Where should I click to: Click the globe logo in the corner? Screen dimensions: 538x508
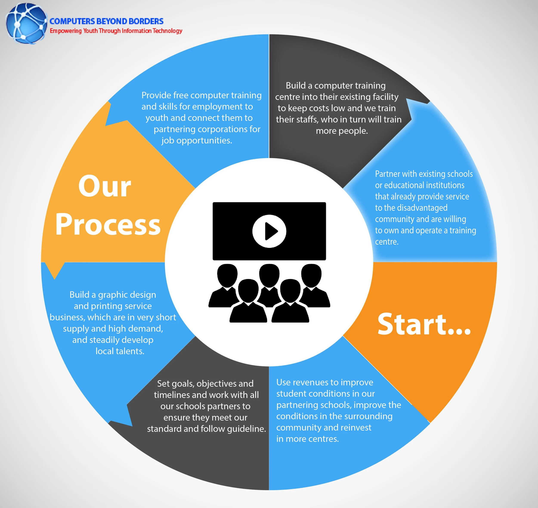click(26, 23)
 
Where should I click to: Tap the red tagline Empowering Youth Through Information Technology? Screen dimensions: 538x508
click(116, 31)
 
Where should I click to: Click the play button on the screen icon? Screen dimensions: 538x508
click(269, 231)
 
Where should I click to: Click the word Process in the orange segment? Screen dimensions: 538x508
click(108, 224)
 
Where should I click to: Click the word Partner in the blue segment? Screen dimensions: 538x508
click(387, 174)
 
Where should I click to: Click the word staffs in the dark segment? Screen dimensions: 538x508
click(305, 119)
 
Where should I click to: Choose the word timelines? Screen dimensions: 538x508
click(172, 395)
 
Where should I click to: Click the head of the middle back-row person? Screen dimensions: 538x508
click(269, 274)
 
